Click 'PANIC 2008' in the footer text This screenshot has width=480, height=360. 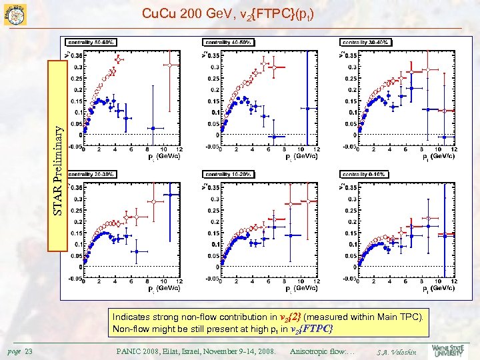pyautogui.click(x=143, y=351)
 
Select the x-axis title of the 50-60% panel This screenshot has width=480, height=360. pyautogui.click(x=163, y=157)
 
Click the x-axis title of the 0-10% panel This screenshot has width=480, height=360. pyautogui.click(x=438, y=289)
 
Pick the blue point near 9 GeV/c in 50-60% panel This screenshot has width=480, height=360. pyautogui.click(x=153, y=128)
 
